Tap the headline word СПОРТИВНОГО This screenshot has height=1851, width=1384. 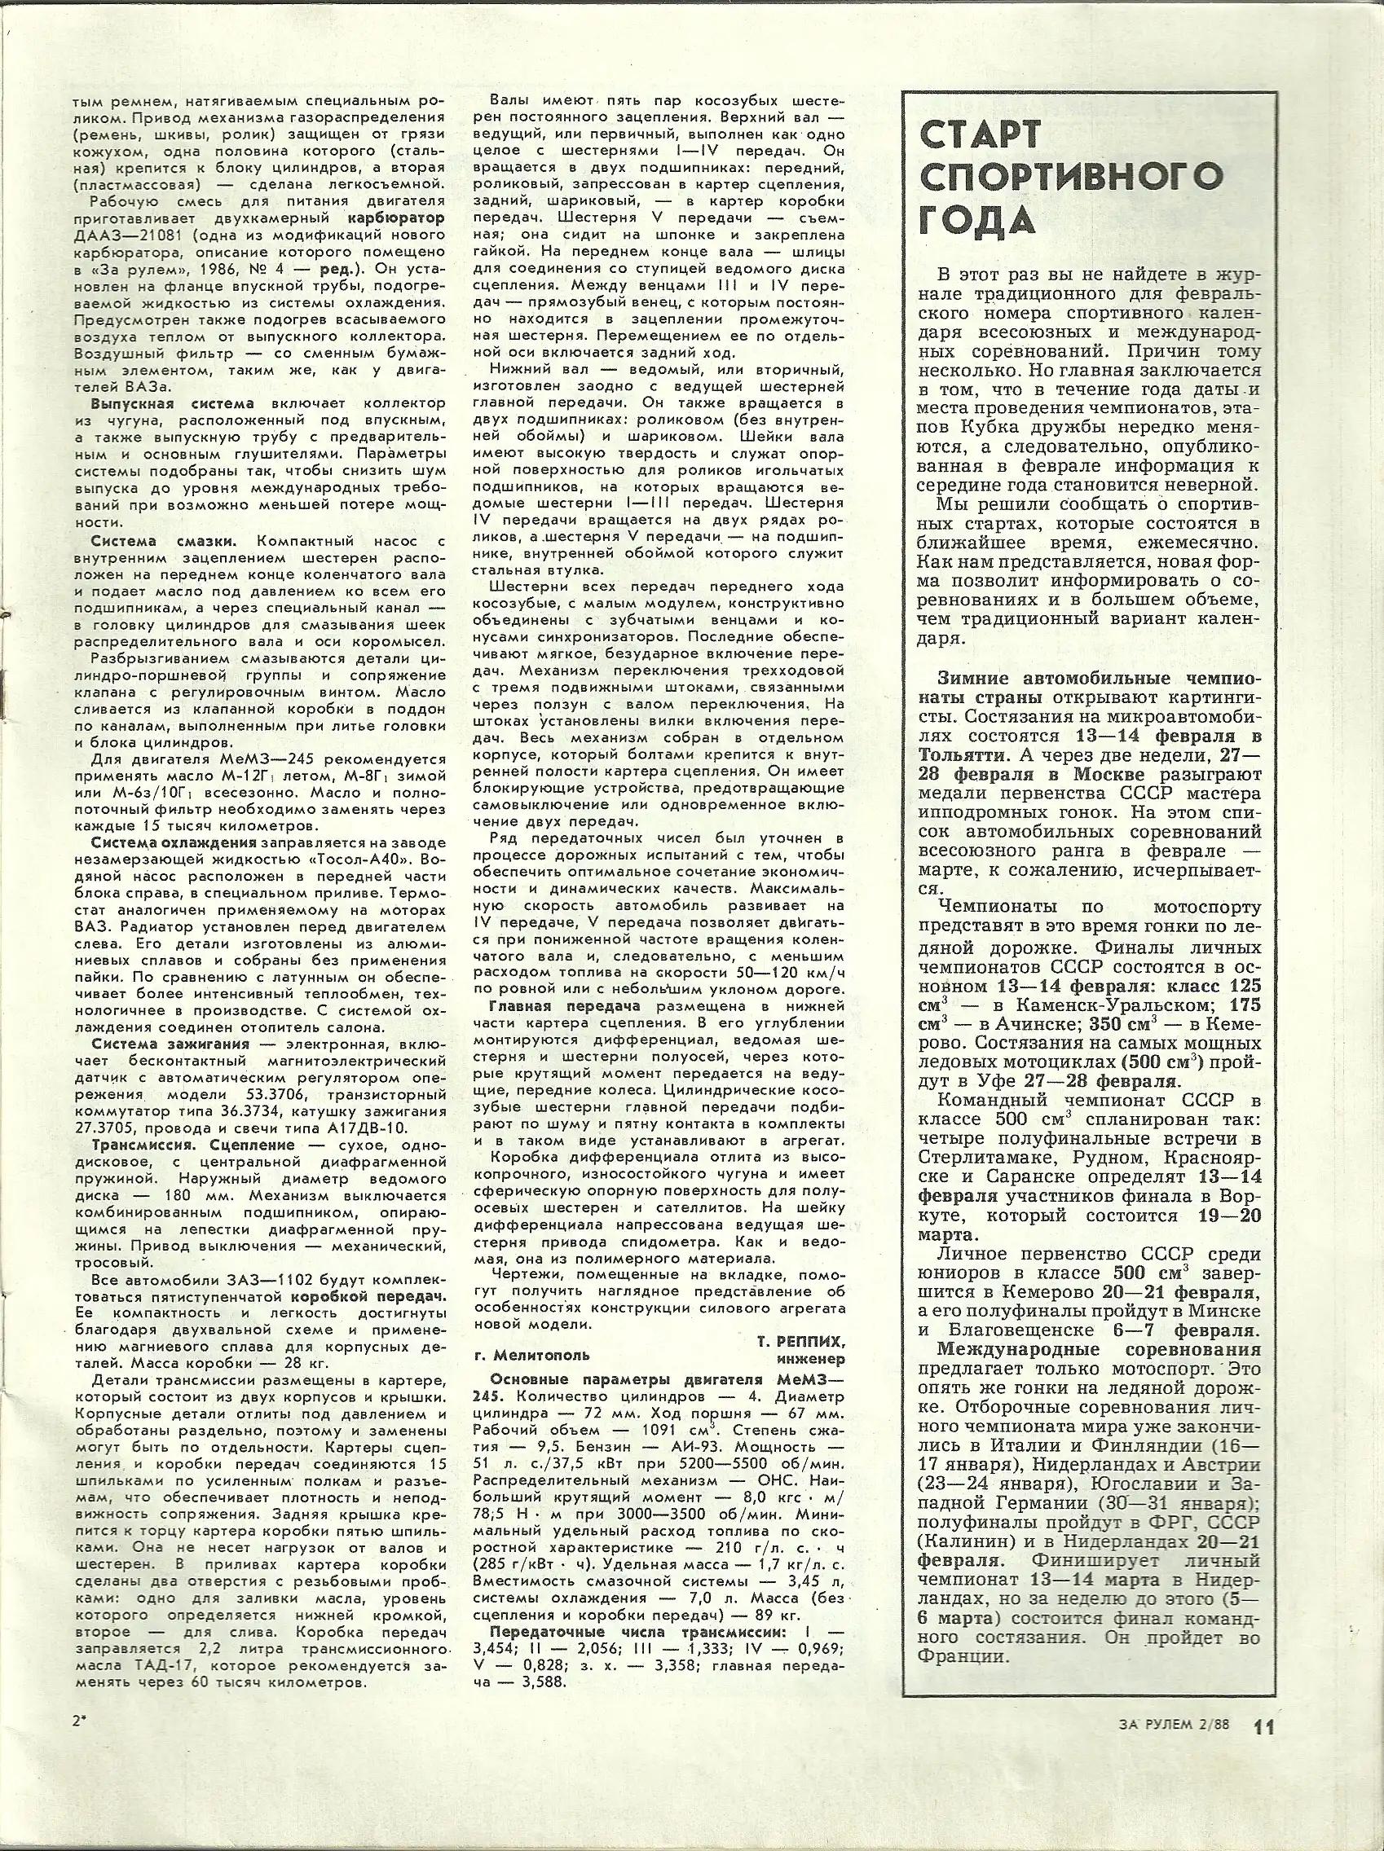click(1070, 178)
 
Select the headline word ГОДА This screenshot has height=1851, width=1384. click(976, 221)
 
